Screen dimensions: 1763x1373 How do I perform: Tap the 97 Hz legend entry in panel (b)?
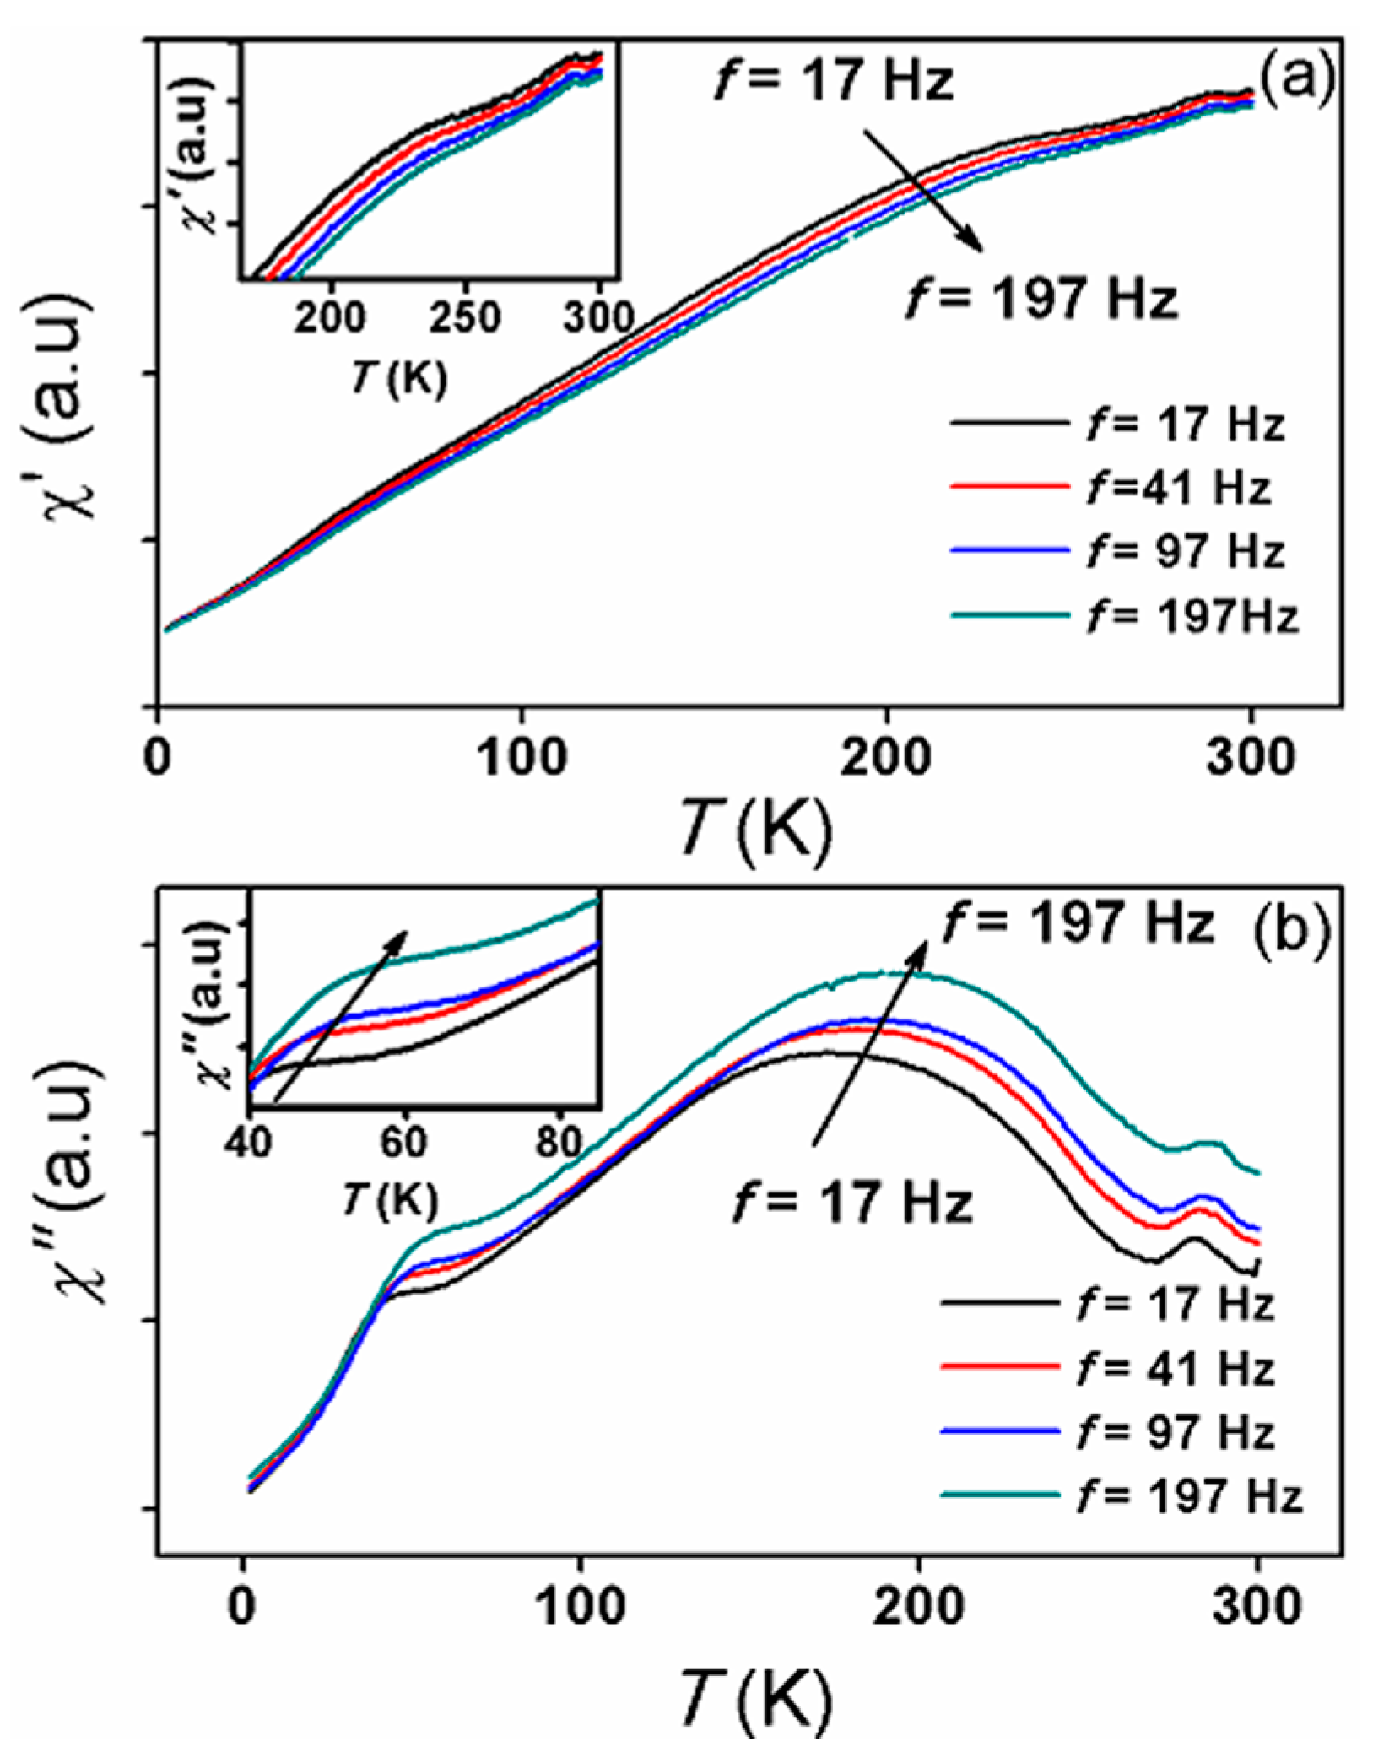1175,1432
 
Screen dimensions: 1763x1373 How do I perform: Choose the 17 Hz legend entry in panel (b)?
1175,1304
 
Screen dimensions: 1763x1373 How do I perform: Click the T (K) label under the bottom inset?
390,1198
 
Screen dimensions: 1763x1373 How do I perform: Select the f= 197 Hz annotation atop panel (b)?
1078,922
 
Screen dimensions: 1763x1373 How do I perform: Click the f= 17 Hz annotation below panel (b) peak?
853,1203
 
